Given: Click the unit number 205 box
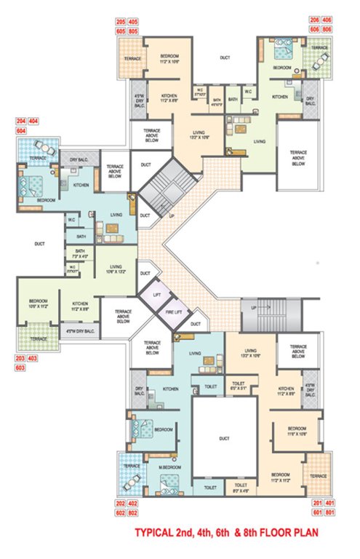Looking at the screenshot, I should pos(121,23).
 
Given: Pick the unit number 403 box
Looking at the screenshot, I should pos(36,360).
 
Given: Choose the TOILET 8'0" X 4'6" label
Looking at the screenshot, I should pos(237,488).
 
